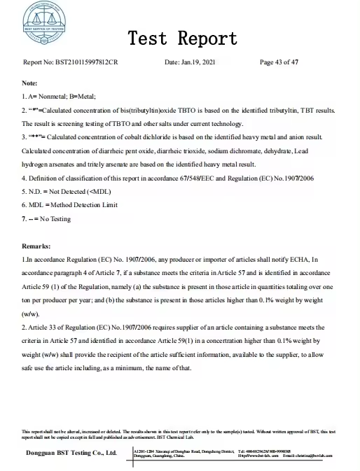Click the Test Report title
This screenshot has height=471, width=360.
tap(184, 37)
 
